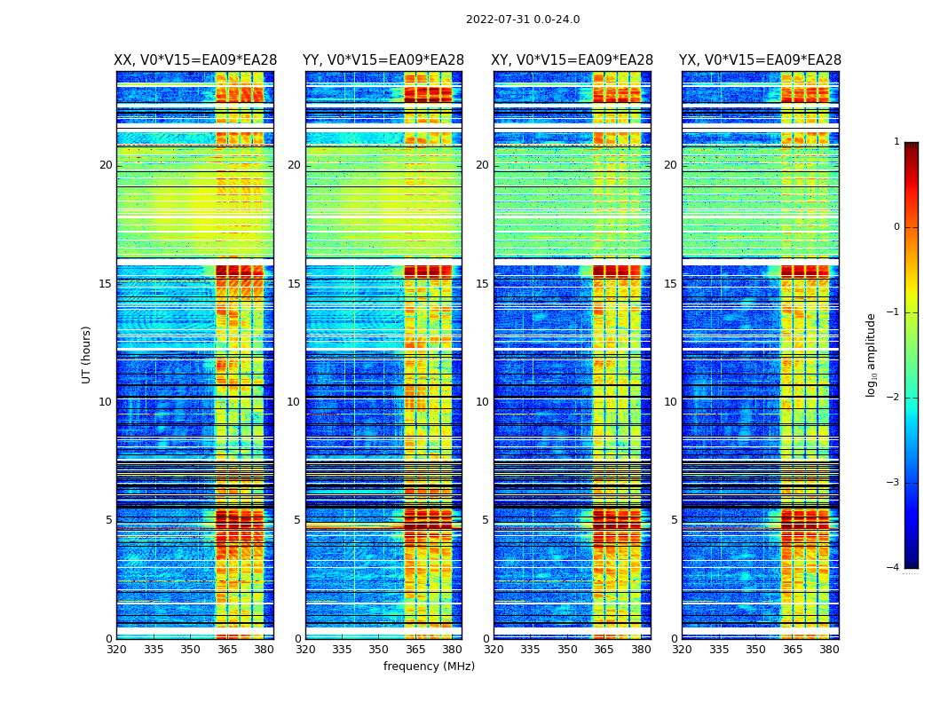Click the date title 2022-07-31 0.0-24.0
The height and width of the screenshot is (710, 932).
[522, 20]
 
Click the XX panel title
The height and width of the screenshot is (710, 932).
[195, 60]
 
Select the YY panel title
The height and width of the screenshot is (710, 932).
[383, 60]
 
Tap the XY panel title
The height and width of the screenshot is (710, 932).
[573, 60]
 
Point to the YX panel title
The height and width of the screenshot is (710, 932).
[760, 60]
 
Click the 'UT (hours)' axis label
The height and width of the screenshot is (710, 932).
[87, 354]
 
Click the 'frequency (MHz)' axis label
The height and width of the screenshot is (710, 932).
[429, 667]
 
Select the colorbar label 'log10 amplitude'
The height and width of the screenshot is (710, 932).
[872, 354]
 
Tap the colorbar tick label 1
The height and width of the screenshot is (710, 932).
[896, 142]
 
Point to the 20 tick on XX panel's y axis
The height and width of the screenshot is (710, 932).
[106, 165]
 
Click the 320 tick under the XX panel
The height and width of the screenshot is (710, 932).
[116, 650]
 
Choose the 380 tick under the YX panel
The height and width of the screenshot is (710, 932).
[829, 650]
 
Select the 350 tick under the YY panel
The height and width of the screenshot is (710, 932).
[379, 650]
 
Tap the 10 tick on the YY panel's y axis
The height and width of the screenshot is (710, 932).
[294, 402]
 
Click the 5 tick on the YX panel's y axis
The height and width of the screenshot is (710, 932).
[674, 520]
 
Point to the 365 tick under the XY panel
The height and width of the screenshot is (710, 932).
[604, 650]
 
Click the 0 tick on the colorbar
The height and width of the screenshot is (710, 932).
[896, 227]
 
